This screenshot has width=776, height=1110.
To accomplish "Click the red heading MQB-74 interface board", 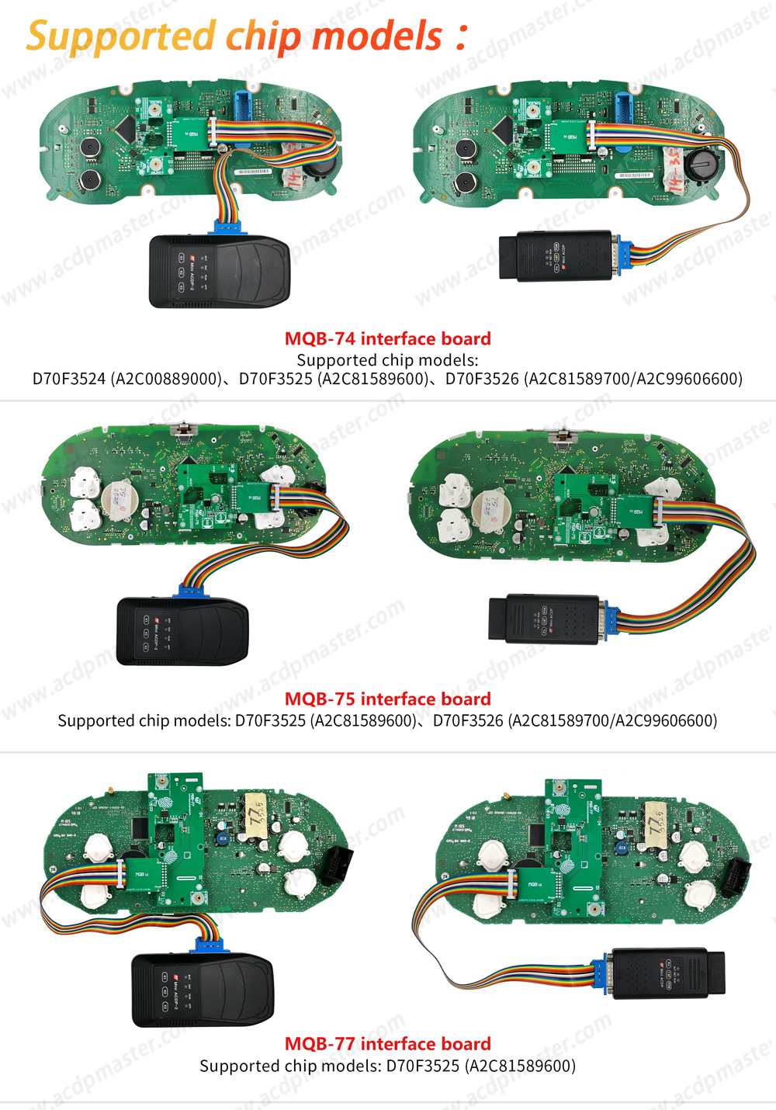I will point(387,338).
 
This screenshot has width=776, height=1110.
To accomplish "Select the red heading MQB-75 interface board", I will point(387,699).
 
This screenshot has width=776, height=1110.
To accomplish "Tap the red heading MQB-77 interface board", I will point(387,1043).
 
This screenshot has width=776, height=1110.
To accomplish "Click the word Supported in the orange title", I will point(120,36).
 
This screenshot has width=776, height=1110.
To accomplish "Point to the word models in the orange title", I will point(377,36).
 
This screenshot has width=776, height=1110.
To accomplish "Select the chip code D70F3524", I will point(69,379).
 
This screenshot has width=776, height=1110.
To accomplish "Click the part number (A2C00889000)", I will point(166,379).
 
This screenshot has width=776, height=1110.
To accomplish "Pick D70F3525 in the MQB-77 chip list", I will point(423,1066).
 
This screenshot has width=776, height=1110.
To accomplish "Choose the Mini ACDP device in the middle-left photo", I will point(182,631).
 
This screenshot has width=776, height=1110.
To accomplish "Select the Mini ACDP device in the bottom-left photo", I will point(203,990).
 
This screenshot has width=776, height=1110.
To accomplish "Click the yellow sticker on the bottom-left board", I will point(255,814).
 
